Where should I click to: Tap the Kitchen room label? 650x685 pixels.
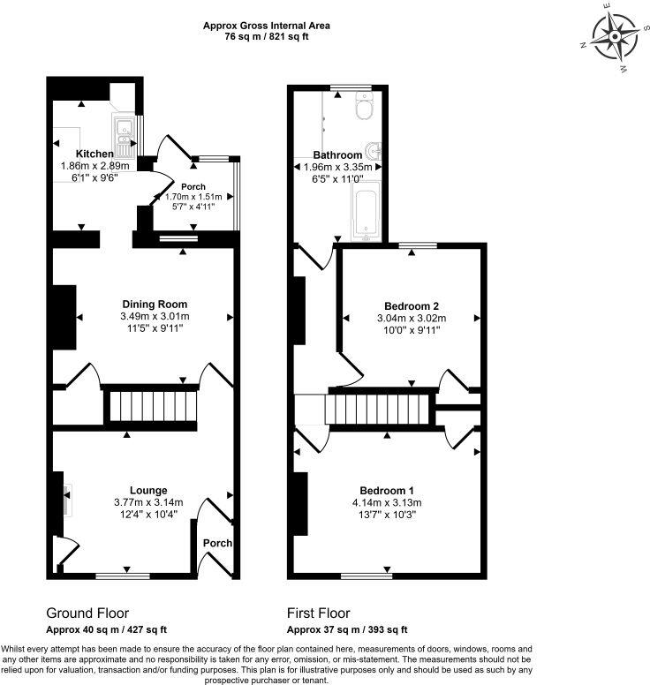pos(94,154)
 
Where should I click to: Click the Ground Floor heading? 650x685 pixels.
pos(87,613)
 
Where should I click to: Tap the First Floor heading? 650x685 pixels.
pos(319,613)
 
